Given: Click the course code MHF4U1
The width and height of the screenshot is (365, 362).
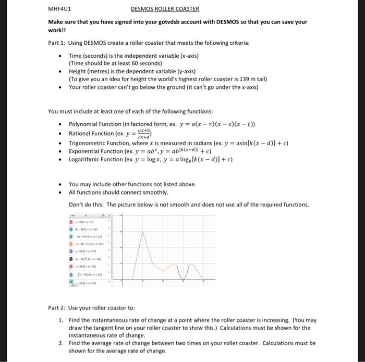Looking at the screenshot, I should point(59,9).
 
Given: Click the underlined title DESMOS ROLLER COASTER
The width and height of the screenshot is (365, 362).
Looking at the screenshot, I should point(165,9).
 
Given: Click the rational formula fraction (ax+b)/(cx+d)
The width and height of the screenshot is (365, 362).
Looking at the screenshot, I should point(143,134).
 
